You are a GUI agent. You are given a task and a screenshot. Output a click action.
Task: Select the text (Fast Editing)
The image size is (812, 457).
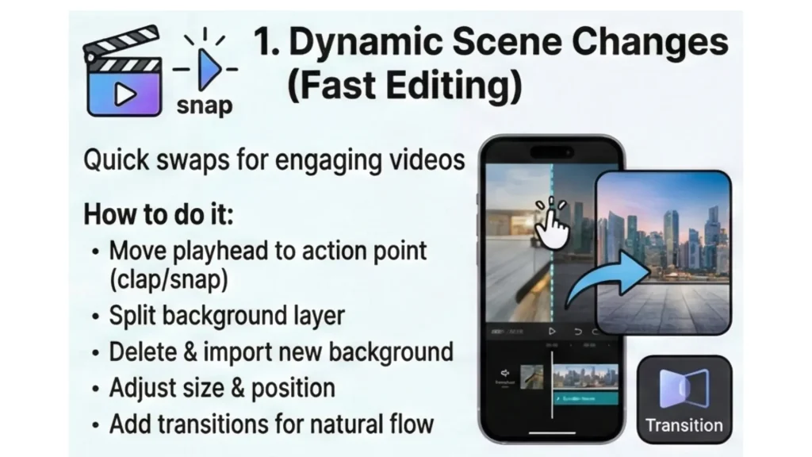click(404, 85)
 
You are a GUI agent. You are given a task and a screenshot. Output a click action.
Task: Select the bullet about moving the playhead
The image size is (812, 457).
click(268, 265)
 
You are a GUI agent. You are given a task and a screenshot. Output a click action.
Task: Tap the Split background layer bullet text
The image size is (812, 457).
click(227, 315)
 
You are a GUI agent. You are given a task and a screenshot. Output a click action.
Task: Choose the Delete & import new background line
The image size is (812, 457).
click(281, 351)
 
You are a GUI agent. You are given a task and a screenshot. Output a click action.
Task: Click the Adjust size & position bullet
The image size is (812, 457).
click(221, 388)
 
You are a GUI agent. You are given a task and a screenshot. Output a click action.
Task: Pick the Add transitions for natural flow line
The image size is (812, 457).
click(271, 424)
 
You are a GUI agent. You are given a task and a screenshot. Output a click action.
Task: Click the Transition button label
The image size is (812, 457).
click(684, 425)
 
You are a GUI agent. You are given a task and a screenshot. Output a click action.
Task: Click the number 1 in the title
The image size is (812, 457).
click(264, 43)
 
